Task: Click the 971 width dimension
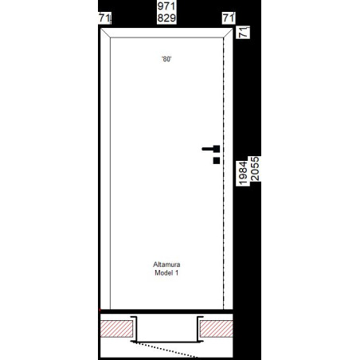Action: pyautogui.click(x=166, y=6)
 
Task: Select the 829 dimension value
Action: pyautogui.click(x=166, y=18)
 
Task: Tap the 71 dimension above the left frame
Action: pyautogui.click(x=104, y=18)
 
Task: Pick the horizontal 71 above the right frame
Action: pyautogui.click(x=229, y=18)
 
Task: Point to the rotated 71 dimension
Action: pyautogui.click(x=244, y=32)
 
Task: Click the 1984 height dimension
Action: pyautogui.click(x=243, y=173)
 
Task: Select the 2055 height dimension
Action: pyautogui.click(x=255, y=169)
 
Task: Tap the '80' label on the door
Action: pyautogui.click(x=166, y=59)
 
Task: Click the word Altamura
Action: pyautogui.click(x=166, y=264)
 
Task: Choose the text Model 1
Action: pyautogui.click(x=166, y=272)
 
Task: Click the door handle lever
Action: pyautogui.click(x=211, y=149)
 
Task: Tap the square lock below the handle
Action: pyautogui.click(x=217, y=161)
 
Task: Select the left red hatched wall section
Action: pyautogui.click(x=116, y=329)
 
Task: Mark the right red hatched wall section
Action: pyautogui.click(x=217, y=329)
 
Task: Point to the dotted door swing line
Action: pyautogui.click(x=165, y=350)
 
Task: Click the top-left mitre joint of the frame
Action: pyautogui.click(x=105, y=33)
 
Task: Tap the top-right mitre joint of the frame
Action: pyautogui.click(x=228, y=33)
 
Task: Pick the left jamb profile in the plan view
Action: pyautogui.click(x=136, y=329)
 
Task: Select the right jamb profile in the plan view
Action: pyautogui.click(x=198, y=329)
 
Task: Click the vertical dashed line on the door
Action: pyautogui.click(x=224, y=174)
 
